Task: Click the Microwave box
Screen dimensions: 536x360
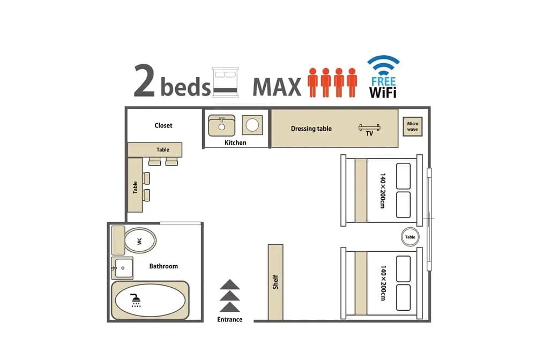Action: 413,127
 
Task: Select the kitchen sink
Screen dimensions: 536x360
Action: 221,125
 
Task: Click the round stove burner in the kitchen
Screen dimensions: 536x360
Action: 252,125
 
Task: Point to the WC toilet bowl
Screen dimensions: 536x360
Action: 140,241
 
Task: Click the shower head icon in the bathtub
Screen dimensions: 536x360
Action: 136,300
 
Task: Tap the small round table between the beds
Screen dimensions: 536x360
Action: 410,237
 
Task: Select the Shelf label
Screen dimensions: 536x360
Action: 276,282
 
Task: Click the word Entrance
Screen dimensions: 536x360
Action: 230,319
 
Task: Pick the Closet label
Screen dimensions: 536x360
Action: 163,125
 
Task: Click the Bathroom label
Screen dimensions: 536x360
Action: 163,266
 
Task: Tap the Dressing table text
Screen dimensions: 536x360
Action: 311,129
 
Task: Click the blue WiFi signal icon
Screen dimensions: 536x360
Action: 383,65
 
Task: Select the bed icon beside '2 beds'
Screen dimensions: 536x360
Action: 225,82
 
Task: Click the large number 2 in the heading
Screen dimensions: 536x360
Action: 145,80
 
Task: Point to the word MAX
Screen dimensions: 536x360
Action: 277,87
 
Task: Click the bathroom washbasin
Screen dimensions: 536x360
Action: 122,268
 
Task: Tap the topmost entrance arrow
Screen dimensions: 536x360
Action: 230,284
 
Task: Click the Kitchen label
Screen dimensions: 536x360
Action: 235,142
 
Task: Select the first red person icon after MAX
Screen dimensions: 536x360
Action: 313,82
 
